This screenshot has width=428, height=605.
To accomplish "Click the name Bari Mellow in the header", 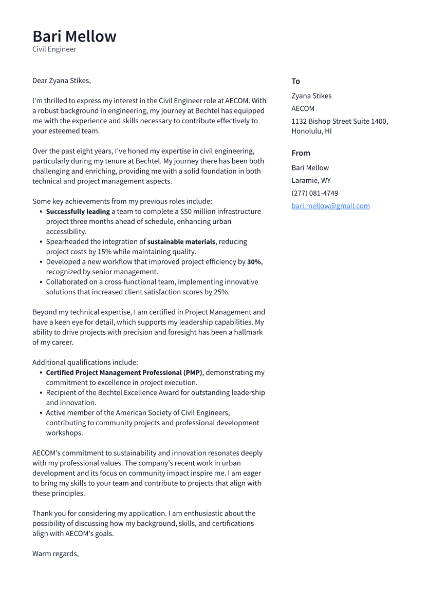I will (75, 36).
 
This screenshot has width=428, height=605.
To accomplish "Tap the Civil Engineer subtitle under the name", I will (54, 49).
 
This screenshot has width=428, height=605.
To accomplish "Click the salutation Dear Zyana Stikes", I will (62, 81).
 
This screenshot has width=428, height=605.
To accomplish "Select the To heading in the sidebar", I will (295, 81).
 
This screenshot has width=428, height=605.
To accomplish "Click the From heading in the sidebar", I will (301, 153).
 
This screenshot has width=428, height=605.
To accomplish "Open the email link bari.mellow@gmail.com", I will (330, 206).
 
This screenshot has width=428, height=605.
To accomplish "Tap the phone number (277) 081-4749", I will (314, 193).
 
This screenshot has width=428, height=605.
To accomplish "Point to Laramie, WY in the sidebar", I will (311, 180).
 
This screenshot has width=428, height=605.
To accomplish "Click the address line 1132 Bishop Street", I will (339, 121).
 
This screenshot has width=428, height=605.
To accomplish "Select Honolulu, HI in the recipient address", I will (311, 131).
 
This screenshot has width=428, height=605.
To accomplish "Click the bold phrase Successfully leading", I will (78, 212).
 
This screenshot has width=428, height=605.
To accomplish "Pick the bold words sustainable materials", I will (181, 241).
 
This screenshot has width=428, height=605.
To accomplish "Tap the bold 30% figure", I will (254, 262).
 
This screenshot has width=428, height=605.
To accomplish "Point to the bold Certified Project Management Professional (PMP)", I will (124, 373).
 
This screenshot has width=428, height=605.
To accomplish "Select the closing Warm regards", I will (55, 554).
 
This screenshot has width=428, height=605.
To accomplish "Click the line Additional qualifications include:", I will (85, 363).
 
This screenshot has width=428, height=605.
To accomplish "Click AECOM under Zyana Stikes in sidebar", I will (303, 108).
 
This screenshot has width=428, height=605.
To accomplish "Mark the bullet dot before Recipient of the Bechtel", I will (41, 393).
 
